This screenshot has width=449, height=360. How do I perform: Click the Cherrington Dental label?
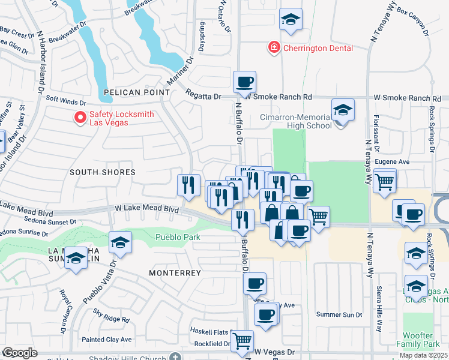click(318, 47)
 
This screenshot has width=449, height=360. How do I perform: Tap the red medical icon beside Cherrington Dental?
click(274, 47)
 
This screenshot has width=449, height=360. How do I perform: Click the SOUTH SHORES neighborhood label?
click(103, 172)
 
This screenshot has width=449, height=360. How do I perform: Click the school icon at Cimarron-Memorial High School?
click(342, 110)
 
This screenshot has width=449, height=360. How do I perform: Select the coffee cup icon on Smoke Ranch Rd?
click(244, 82)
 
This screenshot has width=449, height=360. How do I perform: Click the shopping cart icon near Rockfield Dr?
click(242, 341)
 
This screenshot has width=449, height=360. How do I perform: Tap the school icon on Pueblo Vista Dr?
click(120, 242)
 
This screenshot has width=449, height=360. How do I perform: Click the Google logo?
click(20, 353)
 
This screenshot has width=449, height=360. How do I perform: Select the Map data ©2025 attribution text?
click(423, 355)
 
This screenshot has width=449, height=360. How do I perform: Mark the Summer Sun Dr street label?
click(339, 314)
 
